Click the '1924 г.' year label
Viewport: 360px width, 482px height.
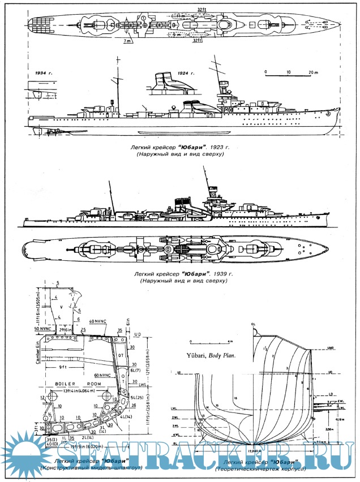[x=185, y=74]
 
